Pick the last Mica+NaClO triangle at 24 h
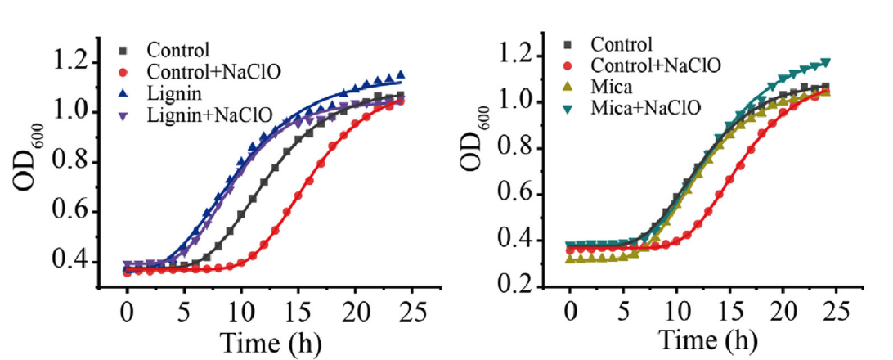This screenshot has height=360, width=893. (x=827, y=62)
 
